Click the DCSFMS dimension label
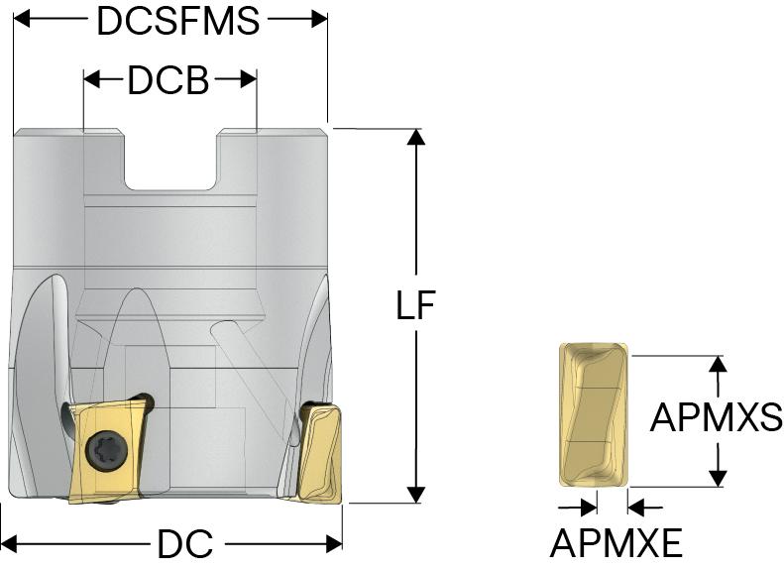(177, 22)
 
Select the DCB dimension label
(168, 81)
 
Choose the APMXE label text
(616, 543)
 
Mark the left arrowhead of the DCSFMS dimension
(22, 21)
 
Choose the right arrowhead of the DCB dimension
(249, 80)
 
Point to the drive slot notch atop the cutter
(170, 159)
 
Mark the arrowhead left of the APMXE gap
(588, 507)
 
